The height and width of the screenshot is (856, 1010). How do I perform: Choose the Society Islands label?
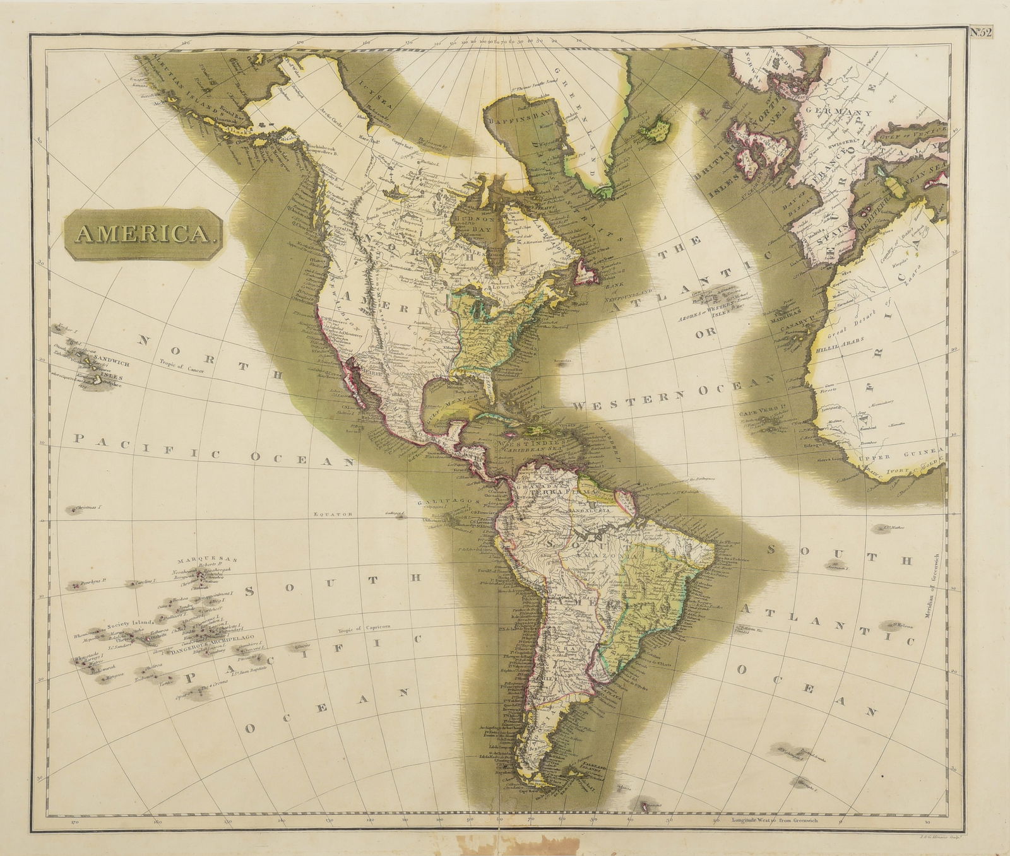(126, 623)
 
